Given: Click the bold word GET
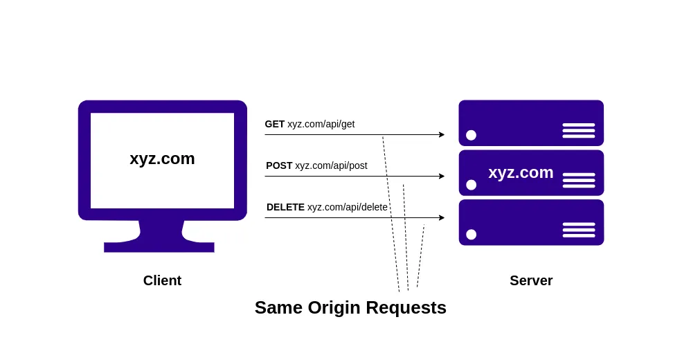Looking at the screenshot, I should (275, 124).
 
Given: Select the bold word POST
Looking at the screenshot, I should (279, 165).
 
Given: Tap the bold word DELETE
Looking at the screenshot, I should (285, 207).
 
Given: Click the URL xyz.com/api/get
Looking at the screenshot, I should (321, 124).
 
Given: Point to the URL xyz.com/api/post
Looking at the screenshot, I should (331, 165).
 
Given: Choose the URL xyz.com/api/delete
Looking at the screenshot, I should (348, 207).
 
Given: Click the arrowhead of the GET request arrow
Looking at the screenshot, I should (442, 134).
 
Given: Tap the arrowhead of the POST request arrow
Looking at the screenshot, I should (442, 176).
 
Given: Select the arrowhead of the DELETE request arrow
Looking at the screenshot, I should (442, 217).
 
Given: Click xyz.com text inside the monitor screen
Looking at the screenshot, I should (162, 159).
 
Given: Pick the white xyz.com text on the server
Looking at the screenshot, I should (521, 172).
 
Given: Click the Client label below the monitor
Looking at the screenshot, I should (162, 280).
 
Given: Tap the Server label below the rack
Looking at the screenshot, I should (531, 280).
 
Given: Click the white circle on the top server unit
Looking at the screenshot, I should (471, 135).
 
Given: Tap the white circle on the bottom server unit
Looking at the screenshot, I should (471, 235).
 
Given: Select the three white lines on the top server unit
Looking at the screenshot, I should (578, 130).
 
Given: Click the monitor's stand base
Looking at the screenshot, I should (159, 246).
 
